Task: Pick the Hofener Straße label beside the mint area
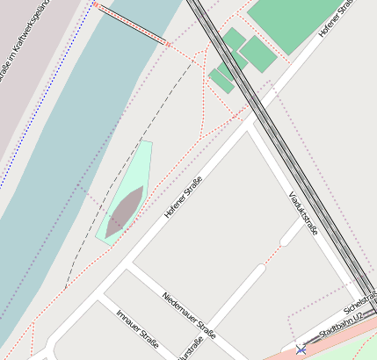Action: [183, 198]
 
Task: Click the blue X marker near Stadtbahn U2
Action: [301, 349]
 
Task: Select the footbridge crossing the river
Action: [132, 25]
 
